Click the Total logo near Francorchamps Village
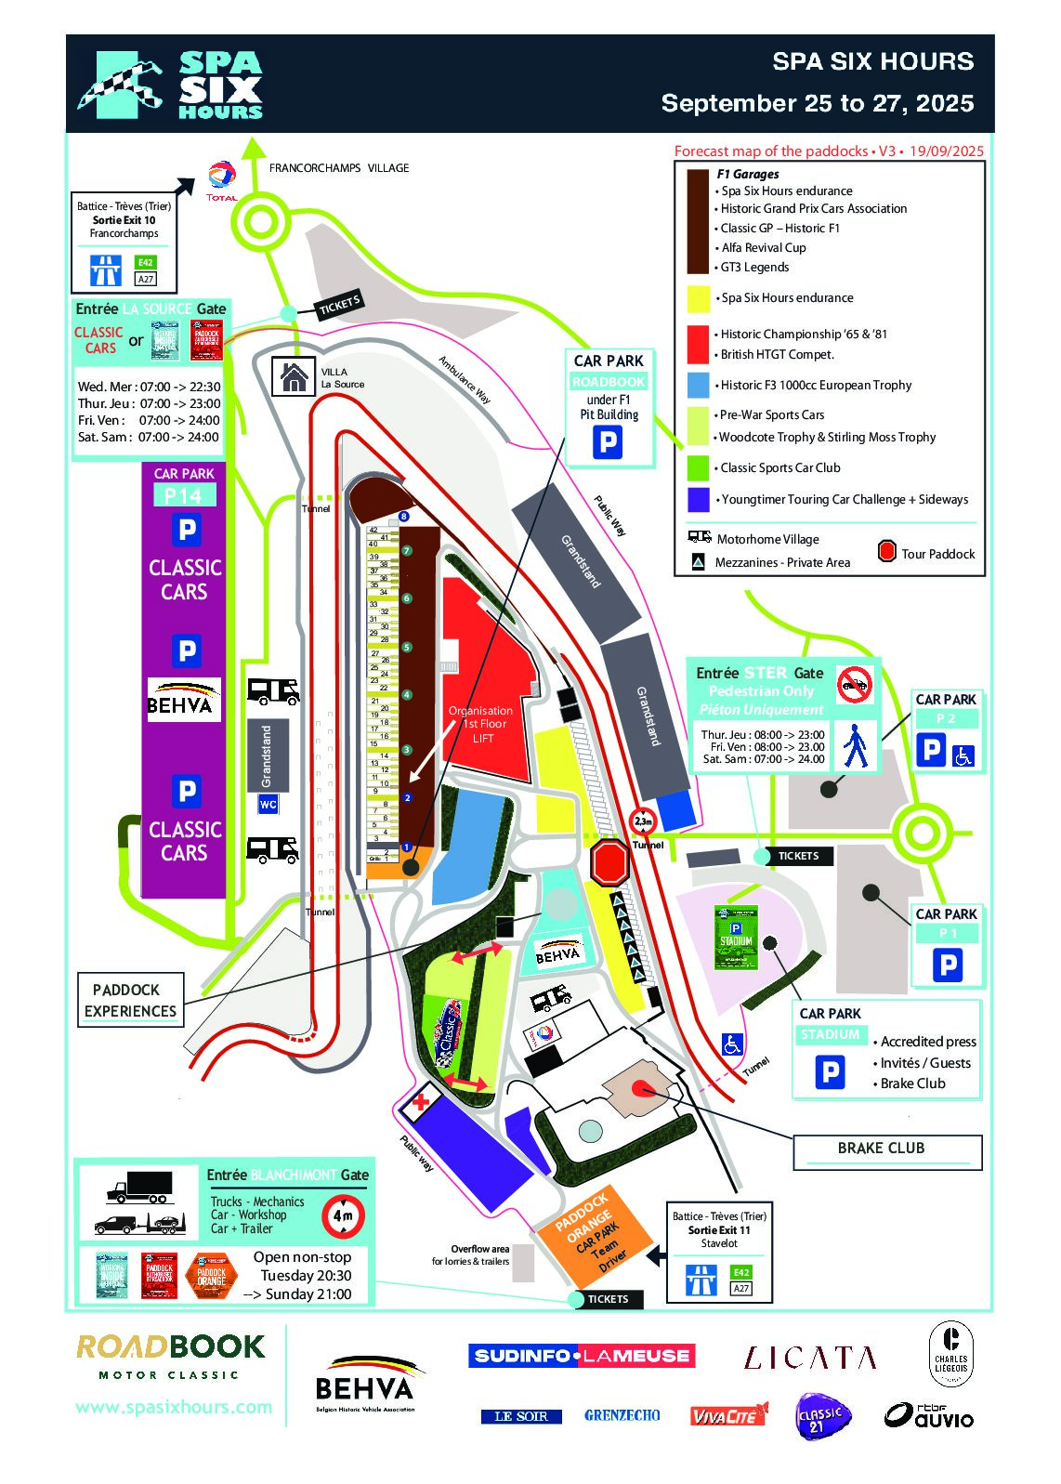pos(222,179)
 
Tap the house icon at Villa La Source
pos(294,377)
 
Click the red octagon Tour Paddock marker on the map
pos(609,862)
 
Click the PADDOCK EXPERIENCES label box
pos(130,1000)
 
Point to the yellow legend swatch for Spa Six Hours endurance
pos(699,298)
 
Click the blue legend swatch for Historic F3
pos(699,385)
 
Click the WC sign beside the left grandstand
pos(268,805)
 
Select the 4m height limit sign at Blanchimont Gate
pos(343,1215)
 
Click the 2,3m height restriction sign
pos(643,821)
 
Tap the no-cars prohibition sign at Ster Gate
pos(855,685)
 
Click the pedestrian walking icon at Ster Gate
pos(855,745)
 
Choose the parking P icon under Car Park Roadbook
pos(608,442)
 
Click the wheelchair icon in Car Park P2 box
pos(963,755)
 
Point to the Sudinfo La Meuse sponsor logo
pos(582,1356)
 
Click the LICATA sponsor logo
pos(809,1359)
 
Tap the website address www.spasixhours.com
pos(174,1407)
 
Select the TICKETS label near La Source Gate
pos(340,304)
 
